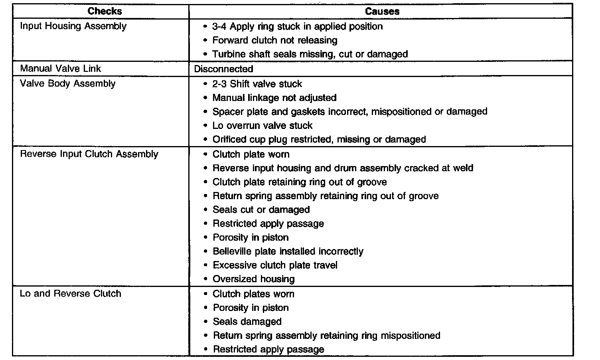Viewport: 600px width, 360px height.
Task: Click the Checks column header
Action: [105, 11]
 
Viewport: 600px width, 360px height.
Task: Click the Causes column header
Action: [382, 11]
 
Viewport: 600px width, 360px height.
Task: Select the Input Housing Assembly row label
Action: [73, 26]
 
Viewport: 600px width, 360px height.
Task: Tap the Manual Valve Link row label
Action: [61, 68]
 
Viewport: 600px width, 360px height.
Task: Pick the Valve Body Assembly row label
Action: [68, 83]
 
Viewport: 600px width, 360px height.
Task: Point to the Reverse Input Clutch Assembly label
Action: [89, 154]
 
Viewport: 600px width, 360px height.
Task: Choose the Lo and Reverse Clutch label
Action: [71, 294]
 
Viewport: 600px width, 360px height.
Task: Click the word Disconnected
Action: [223, 69]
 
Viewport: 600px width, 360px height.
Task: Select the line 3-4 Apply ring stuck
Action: [297, 26]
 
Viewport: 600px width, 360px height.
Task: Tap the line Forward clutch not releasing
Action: [274, 40]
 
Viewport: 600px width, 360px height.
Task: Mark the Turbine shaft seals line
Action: [310, 54]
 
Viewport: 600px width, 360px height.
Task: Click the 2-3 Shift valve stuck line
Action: [257, 84]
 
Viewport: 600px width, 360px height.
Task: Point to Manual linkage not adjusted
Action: [274, 98]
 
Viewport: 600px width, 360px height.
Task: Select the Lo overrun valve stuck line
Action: [262, 125]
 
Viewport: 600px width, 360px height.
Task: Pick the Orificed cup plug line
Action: [319, 139]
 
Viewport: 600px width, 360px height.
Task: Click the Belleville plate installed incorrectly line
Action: [288, 251]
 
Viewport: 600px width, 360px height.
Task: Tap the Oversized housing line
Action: [253, 279]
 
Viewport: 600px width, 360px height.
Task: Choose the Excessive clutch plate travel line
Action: [275, 265]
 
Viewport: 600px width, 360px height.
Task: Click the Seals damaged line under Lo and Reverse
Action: [247, 322]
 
